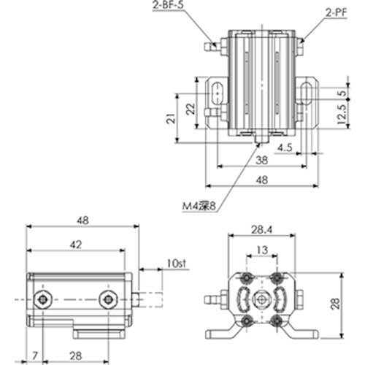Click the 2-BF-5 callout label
coord(170,6)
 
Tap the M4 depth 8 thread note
coord(199,207)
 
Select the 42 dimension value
coord(76,245)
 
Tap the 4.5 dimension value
coord(285,148)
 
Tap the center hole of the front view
coord(261,299)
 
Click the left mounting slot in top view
coord(217,93)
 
